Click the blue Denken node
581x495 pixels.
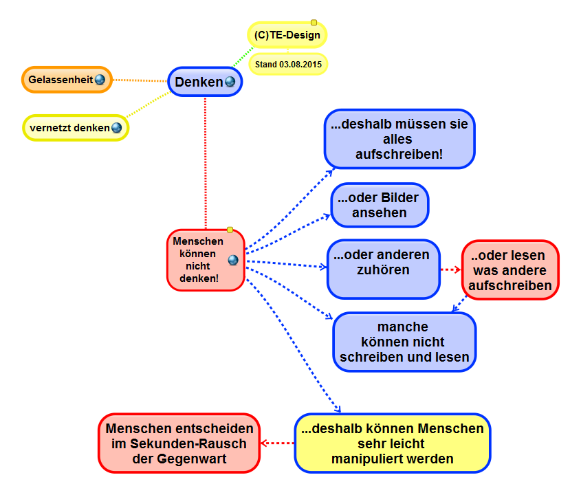click(199, 82)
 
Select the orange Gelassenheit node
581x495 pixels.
click(61, 80)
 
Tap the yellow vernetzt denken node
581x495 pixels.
click(69, 128)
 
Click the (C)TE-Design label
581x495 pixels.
click(287, 35)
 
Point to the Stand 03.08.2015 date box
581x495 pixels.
click(288, 65)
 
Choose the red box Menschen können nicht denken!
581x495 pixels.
click(198, 260)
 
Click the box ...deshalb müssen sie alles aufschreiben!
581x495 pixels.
click(399, 140)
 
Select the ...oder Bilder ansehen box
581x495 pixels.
click(380, 206)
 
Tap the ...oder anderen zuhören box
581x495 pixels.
click(382, 269)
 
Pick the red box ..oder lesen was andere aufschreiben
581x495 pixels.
click(509, 269)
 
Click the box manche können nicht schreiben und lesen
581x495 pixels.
click(404, 342)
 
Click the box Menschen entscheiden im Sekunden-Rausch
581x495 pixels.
click(179, 443)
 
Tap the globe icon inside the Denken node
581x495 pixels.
click(230, 82)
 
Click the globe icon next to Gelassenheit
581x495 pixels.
click(100, 80)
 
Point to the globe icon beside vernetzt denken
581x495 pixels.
click(116, 128)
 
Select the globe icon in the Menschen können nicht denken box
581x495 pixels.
click(232, 260)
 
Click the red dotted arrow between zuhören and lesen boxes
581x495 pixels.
click(450, 269)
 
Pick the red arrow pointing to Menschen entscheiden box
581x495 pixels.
click(278, 443)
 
